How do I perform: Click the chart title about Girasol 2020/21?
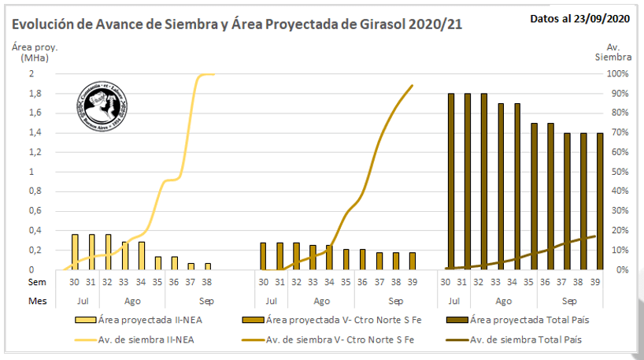237,24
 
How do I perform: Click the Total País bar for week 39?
601,201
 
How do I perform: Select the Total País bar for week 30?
451,181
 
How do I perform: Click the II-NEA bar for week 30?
75,252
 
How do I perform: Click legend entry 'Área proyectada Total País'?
527,320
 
